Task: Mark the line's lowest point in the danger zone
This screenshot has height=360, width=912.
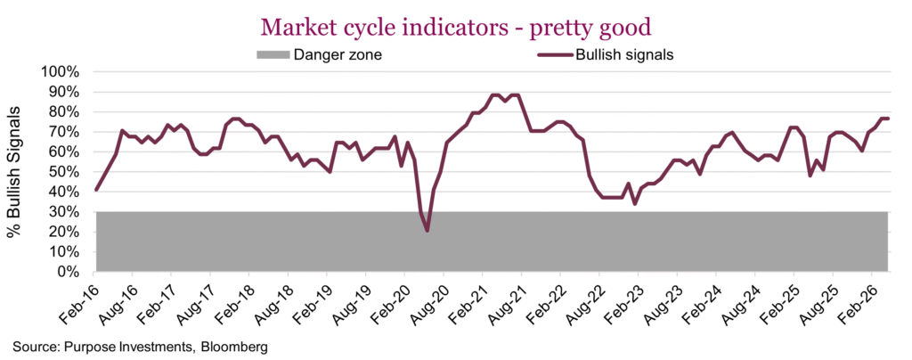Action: (427, 231)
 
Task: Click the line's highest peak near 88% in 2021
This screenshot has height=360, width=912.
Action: (494, 95)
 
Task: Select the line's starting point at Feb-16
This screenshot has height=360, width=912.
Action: (96, 190)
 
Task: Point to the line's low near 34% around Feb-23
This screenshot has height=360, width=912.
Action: (635, 204)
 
